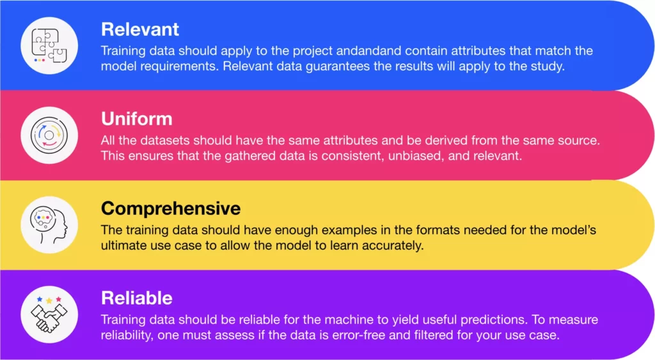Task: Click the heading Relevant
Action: [x=140, y=29]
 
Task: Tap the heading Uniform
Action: [x=137, y=119]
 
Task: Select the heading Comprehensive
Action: [x=171, y=209]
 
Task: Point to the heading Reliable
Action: [x=137, y=298]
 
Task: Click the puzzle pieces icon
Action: [x=49, y=45]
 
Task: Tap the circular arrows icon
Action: [x=49, y=135]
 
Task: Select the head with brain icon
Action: [x=49, y=224]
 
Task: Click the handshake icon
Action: [x=49, y=315]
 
